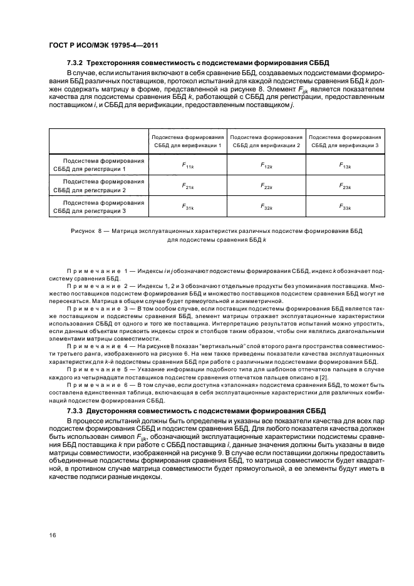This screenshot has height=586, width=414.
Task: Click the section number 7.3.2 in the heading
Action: click(76, 63)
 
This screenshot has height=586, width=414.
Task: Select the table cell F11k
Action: click(187, 165)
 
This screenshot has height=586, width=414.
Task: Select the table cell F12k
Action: click(266, 165)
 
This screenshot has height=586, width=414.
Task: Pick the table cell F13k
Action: click(345, 165)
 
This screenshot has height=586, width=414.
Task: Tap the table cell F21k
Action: click(187, 186)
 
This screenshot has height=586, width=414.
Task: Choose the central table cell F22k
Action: click(266, 186)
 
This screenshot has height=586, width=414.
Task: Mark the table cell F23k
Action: click(345, 186)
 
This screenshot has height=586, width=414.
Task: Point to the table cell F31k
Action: click(187, 207)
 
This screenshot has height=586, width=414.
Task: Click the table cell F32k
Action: click(266, 207)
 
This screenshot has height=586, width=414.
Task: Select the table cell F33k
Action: click(345, 207)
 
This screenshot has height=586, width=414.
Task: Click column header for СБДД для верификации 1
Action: click(187, 141)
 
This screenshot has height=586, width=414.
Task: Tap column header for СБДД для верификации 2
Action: click(266, 141)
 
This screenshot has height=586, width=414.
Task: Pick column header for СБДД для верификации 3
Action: click(345, 141)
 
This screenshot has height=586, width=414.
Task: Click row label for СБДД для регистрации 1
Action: click(98, 165)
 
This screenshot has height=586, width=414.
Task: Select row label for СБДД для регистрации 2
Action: click(98, 186)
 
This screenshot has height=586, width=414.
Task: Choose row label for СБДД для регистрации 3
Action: click(98, 207)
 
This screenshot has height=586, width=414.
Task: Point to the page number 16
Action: click(52, 535)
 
